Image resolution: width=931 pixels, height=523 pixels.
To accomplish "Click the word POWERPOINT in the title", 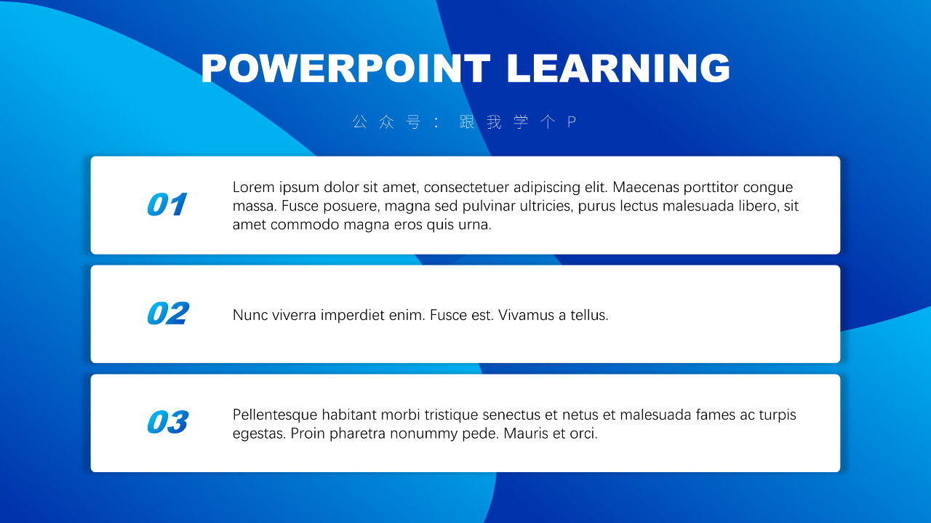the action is pyautogui.click(x=345, y=68).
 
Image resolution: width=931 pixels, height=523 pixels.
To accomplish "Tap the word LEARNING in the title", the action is pyautogui.click(x=618, y=68).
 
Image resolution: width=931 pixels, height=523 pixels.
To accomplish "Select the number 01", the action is pyautogui.click(x=167, y=204).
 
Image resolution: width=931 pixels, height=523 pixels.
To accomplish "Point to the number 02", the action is pyautogui.click(x=168, y=313).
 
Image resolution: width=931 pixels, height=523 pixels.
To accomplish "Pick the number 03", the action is pyautogui.click(x=168, y=422).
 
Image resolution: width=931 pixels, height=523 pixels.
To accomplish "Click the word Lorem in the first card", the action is pyautogui.click(x=254, y=187).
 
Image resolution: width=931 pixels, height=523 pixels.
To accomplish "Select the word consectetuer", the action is pyautogui.click(x=466, y=187).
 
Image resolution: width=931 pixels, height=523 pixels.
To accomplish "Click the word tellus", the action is pyautogui.click(x=589, y=315).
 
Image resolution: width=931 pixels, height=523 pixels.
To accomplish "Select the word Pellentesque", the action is pyautogui.click(x=275, y=415).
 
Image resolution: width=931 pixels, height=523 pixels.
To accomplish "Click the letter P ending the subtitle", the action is pyautogui.click(x=572, y=121).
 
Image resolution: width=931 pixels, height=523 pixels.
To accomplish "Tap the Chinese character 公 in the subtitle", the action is pyautogui.click(x=359, y=121).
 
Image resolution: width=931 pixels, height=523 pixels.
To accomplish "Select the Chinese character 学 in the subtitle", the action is pyautogui.click(x=521, y=121).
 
